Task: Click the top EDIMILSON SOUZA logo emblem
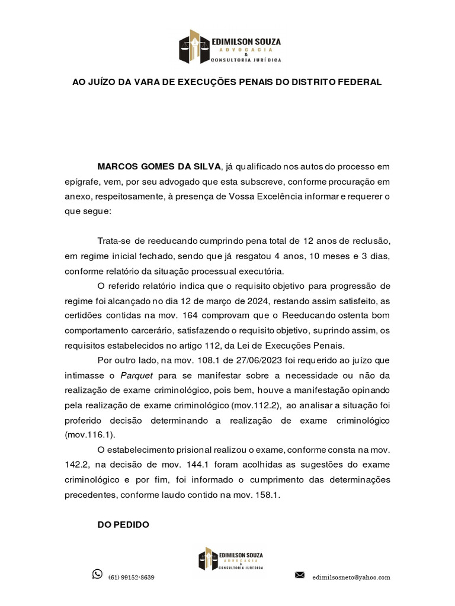point(195,47)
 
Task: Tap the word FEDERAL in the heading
point(358,82)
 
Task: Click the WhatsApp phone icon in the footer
point(97,573)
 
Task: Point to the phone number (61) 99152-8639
point(132,577)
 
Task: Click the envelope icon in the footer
point(300,575)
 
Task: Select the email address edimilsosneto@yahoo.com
point(351,577)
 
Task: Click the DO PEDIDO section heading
point(123,524)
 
